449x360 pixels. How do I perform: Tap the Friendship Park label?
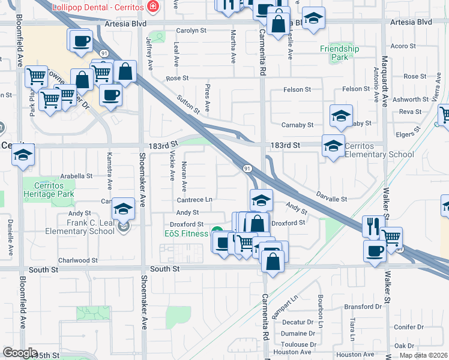(x=339, y=53)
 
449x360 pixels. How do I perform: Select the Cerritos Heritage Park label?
(x=48, y=190)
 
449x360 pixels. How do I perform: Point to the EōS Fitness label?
(x=186, y=233)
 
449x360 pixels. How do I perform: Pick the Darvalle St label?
(x=333, y=199)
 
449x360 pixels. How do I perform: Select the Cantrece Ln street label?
(x=194, y=199)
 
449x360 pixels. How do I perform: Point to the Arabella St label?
(x=77, y=176)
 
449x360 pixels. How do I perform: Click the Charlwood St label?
(x=78, y=260)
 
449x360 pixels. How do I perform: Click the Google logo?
(x=20, y=353)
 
